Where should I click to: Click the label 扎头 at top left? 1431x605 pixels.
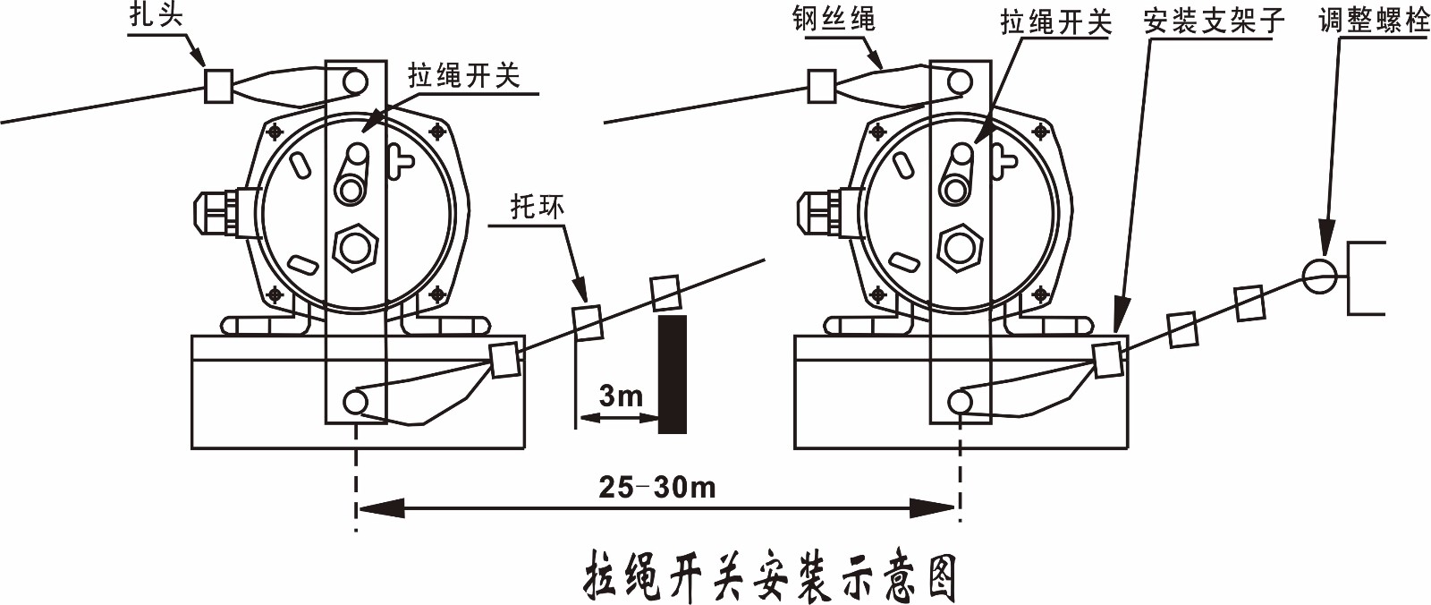point(156,15)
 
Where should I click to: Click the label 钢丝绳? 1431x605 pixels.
point(833,19)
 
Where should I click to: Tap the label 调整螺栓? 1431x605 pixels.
point(1375,20)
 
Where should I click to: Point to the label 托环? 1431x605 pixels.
point(538,207)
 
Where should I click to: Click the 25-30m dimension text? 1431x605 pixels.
point(657,487)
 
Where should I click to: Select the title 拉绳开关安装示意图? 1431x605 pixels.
point(770,577)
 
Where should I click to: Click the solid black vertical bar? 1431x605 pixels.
point(672,373)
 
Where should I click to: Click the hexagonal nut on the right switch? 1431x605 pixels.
point(960,245)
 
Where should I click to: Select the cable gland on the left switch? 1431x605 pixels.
point(219,211)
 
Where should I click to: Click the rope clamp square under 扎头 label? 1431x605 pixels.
point(219,85)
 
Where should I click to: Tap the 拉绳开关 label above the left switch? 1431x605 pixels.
point(463,75)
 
